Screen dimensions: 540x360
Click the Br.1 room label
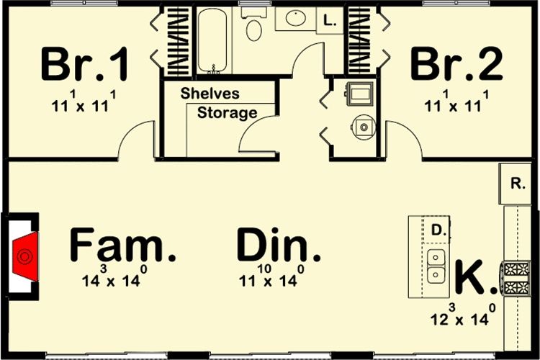(x=85, y=65)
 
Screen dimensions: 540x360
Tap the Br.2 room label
(x=456, y=65)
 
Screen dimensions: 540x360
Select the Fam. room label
(x=122, y=245)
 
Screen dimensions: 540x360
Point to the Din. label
(x=279, y=245)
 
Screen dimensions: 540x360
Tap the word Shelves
(x=210, y=94)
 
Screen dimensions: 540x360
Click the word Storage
(x=227, y=113)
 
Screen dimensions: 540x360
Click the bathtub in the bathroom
(x=212, y=40)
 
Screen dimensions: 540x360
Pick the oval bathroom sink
(x=295, y=18)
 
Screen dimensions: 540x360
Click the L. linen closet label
(x=330, y=21)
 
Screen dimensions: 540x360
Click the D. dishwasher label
(x=438, y=230)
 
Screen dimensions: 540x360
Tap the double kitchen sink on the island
(x=436, y=266)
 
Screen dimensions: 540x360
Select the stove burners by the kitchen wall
(x=516, y=279)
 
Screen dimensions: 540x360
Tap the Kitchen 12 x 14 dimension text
(x=463, y=315)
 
